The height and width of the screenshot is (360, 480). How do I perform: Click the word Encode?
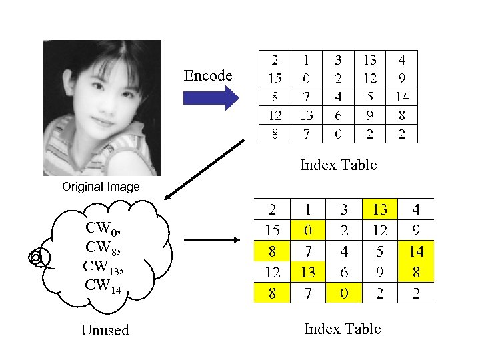pyautogui.click(x=208, y=76)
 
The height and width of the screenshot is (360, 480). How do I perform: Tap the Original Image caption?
pyautogui.click(x=101, y=187)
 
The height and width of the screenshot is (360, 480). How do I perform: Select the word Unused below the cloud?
pyautogui.click(x=105, y=330)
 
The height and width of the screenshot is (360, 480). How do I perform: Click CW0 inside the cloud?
pyautogui.click(x=101, y=229)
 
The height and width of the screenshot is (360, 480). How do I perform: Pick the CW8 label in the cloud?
pyautogui.click(x=101, y=247)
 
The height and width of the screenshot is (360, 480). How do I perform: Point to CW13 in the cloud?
pyautogui.click(x=101, y=267)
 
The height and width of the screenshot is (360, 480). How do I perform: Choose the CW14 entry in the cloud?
pyautogui.click(x=101, y=285)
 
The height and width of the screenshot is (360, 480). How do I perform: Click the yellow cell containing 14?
pyautogui.click(x=416, y=251)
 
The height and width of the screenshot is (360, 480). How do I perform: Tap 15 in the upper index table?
pyautogui.click(x=275, y=78)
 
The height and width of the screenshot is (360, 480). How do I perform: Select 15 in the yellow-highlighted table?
pyautogui.click(x=271, y=230)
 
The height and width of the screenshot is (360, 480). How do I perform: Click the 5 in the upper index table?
pyautogui.click(x=370, y=97)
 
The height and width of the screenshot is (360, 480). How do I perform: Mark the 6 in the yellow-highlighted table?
pyautogui.click(x=343, y=273)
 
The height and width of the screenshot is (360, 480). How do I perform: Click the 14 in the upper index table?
pyautogui.click(x=401, y=97)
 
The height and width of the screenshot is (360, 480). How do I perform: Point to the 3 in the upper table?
pyautogui.click(x=339, y=59)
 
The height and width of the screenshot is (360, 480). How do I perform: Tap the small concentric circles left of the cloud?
pyautogui.click(x=36, y=257)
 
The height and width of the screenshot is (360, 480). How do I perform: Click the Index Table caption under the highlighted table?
pyautogui.click(x=342, y=329)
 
